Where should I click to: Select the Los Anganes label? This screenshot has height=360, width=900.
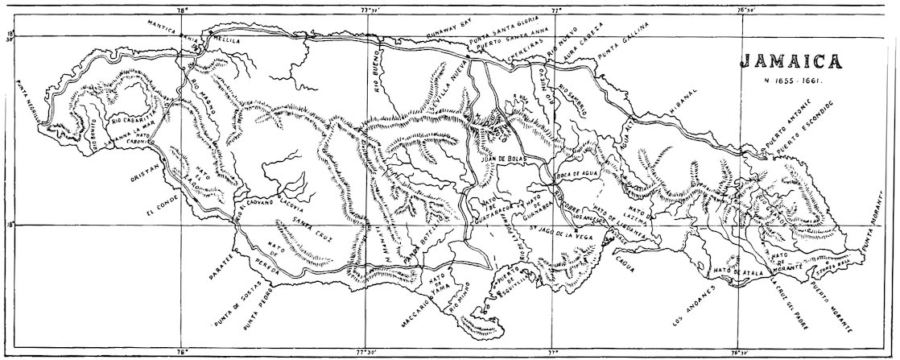[x=690, y=309]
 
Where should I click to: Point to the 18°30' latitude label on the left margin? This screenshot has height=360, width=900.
[x=10, y=37]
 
